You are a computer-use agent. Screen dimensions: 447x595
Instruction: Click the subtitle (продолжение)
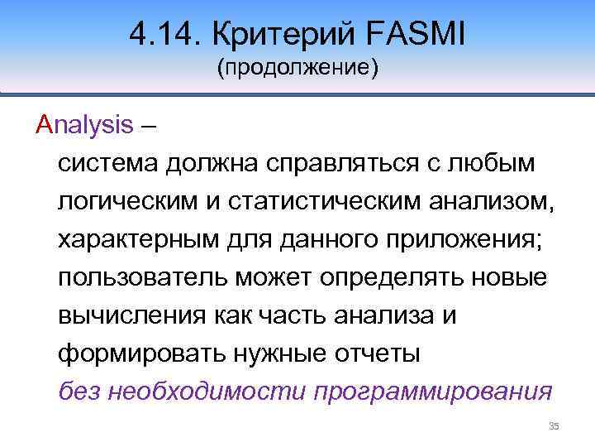297,68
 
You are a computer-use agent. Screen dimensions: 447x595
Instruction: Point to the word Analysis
84,125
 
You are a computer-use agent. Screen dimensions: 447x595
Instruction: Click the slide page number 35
554,426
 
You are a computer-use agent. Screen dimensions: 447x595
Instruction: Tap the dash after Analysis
151,126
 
